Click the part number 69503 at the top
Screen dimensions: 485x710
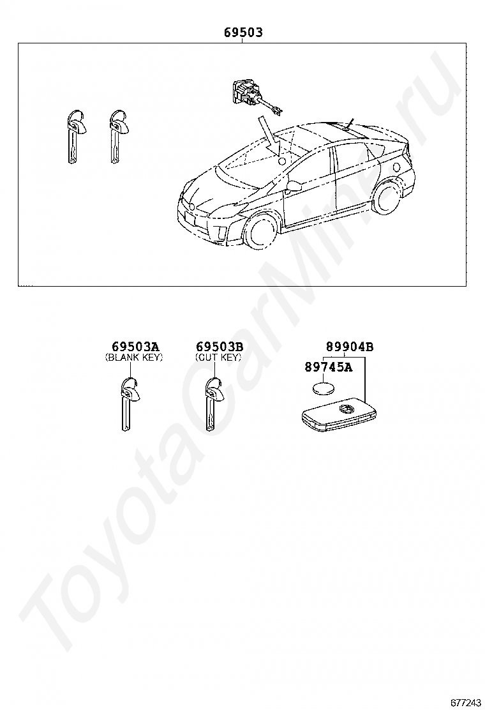[x=243, y=32]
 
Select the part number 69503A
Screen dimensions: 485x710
[x=135, y=347]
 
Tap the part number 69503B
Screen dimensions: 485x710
[x=219, y=347]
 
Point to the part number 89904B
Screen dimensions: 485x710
[x=349, y=347]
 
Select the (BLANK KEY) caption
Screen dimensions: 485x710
[x=134, y=358]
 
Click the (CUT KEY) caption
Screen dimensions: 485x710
[x=218, y=358]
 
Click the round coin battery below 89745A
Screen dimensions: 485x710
[x=325, y=388]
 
